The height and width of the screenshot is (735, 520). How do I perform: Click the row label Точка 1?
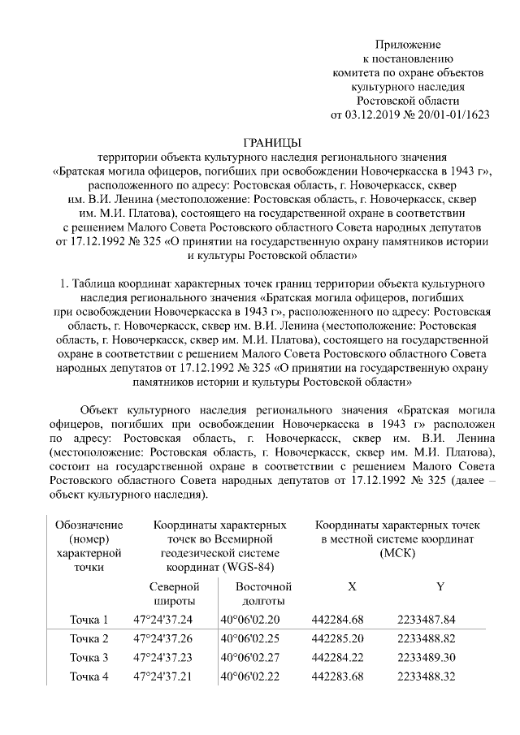[89, 620]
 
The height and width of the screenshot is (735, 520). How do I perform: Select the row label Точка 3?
[89, 657]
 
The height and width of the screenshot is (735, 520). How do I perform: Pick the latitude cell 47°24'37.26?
[162, 638]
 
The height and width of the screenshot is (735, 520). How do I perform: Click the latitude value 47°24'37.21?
[162, 676]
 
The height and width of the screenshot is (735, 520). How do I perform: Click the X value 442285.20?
[337, 638]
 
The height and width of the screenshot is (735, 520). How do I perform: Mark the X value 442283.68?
[337, 676]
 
